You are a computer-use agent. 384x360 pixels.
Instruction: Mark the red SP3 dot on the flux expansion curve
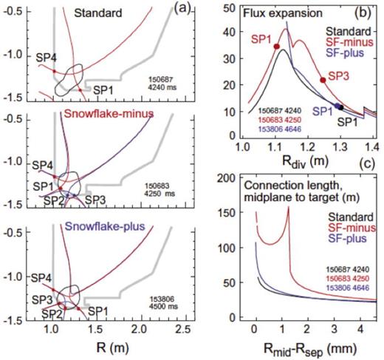tap(323, 80)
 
